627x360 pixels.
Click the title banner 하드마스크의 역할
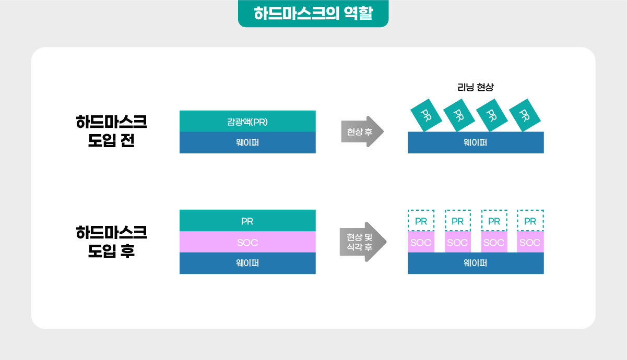(313, 13)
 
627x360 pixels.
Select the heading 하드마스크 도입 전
(111, 131)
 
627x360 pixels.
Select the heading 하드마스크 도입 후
(111, 242)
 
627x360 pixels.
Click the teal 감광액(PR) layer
(247, 121)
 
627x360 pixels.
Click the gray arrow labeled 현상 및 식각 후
(363, 242)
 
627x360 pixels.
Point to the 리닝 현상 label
(475, 87)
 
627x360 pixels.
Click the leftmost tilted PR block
(426, 115)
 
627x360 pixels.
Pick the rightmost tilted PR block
(525, 115)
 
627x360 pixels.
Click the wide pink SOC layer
(247, 242)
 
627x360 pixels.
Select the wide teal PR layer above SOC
(247, 220)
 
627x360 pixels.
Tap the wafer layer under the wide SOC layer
(247, 263)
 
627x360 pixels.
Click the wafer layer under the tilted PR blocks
(476, 142)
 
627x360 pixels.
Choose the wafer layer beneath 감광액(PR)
(247, 142)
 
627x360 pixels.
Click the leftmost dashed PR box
(421, 220)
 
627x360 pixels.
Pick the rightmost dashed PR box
(530, 220)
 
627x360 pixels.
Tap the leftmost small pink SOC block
(421, 242)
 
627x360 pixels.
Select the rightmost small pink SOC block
(530, 242)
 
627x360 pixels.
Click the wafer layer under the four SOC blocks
(476, 263)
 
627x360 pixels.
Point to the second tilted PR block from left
(459, 115)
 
